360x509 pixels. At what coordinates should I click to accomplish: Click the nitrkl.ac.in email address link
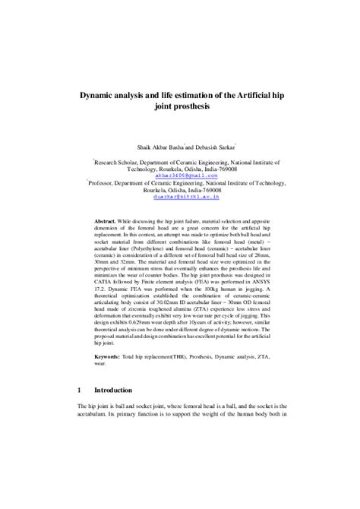pos(179,196)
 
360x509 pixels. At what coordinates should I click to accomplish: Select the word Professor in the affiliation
pos(106,182)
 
